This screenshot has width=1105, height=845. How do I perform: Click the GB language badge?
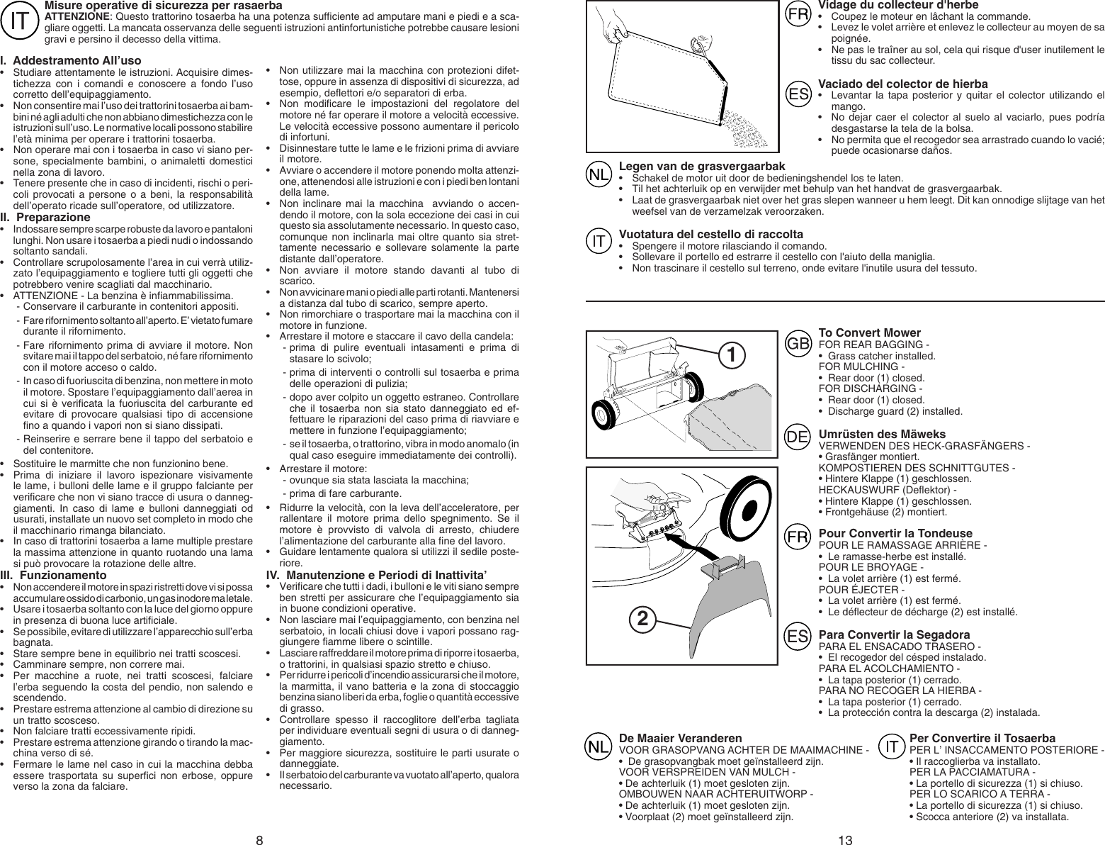pos(798,343)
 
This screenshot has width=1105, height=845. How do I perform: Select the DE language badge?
pos(798,437)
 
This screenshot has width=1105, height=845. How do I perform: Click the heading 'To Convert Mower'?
pos(869,332)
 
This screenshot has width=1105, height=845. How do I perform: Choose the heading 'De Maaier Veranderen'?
pos(680,738)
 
